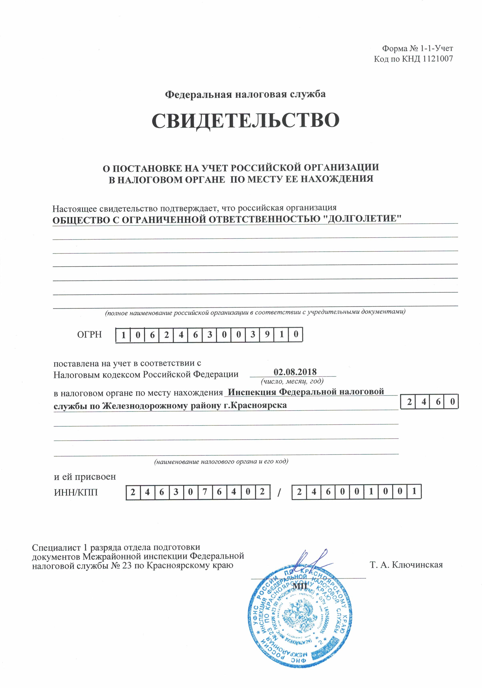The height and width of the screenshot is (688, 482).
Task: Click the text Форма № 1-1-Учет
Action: pos(417,48)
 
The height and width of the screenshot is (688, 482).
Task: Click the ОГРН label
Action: pos(89,334)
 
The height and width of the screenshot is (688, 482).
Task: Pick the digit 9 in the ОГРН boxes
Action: pos(267,334)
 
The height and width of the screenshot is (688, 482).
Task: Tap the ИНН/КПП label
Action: pos(76,492)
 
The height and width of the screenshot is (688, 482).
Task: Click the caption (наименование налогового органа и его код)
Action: pos(221,462)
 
